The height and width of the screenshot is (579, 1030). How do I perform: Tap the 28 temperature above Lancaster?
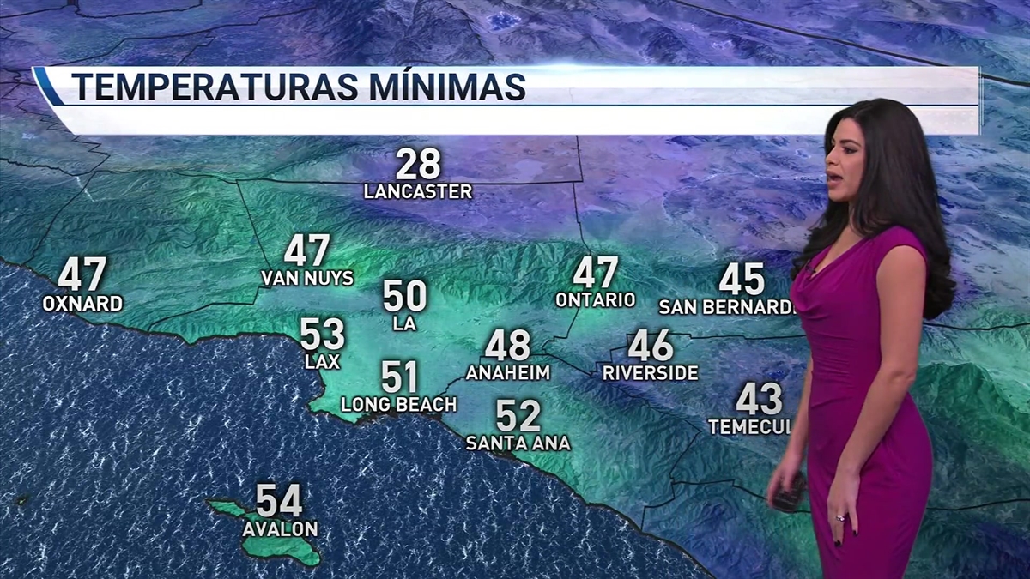point(418,165)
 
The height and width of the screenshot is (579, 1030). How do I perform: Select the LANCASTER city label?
point(418,192)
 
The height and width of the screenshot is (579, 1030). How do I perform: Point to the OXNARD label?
point(82,304)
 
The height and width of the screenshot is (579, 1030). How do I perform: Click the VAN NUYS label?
point(307,279)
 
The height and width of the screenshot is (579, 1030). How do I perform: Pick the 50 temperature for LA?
point(404,297)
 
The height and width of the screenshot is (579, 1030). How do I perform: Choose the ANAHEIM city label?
point(508,373)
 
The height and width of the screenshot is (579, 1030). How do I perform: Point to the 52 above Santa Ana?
point(518,417)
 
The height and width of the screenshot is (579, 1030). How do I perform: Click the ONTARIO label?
point(596,300)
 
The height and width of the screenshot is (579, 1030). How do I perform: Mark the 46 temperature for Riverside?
point(650,347)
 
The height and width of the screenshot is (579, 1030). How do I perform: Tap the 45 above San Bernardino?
point(742,280)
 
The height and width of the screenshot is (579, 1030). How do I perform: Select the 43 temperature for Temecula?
point(759,400)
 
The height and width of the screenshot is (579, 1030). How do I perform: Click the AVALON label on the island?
point(280,529)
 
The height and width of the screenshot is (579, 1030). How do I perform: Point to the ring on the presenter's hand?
point(840,517)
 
